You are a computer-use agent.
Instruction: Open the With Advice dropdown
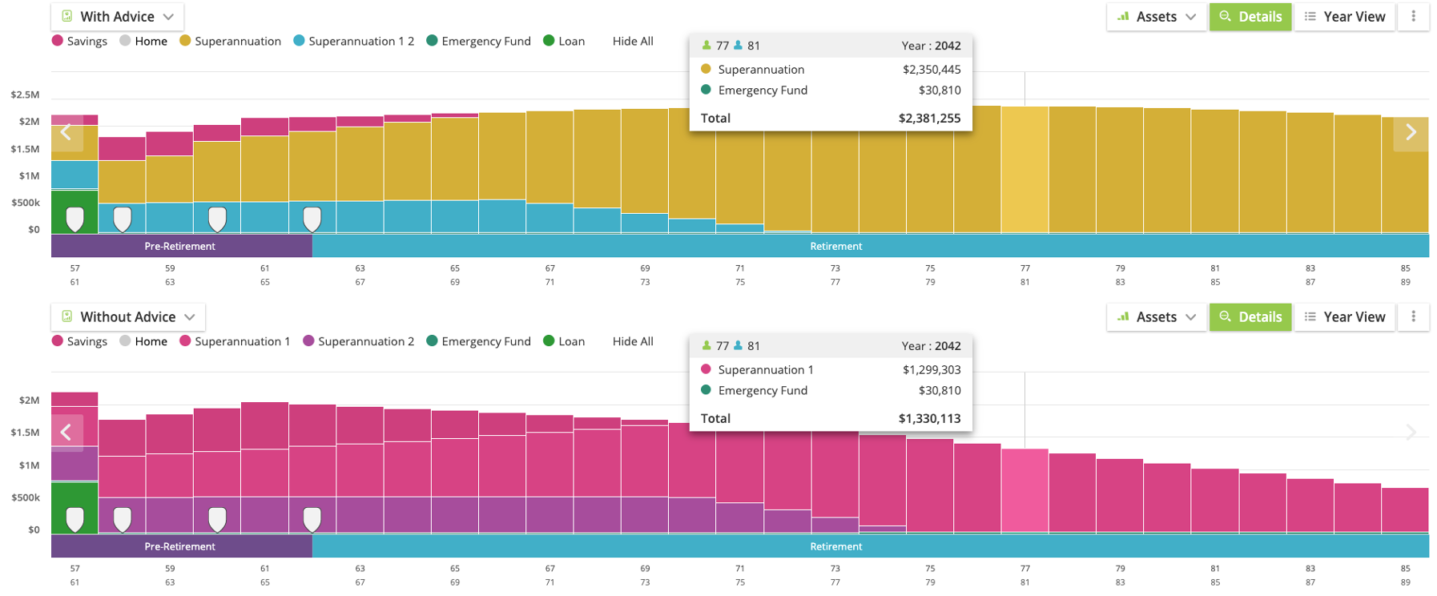point(117,17)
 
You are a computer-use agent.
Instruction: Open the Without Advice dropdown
point(127,317)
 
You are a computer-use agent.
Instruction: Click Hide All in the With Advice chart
point(633,42)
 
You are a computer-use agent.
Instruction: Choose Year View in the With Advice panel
point(1345,17)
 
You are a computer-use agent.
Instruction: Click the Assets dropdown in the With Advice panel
point(1156,17)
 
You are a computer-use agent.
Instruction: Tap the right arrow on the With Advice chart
point(1411,133)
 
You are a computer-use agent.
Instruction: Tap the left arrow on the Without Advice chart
point(66,433)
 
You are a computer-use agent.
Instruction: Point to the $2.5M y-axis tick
point(25,95)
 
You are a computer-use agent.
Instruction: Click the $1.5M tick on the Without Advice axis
point(25,433)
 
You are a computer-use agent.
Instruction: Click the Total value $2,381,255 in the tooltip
point(929,119)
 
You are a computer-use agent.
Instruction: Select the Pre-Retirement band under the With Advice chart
point(181,247)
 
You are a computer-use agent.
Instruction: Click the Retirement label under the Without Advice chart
point(835,547)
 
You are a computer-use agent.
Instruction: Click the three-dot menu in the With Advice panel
point(1413,17)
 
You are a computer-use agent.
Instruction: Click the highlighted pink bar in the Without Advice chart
point(1024,489)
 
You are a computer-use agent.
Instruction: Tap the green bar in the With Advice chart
point(74,200)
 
